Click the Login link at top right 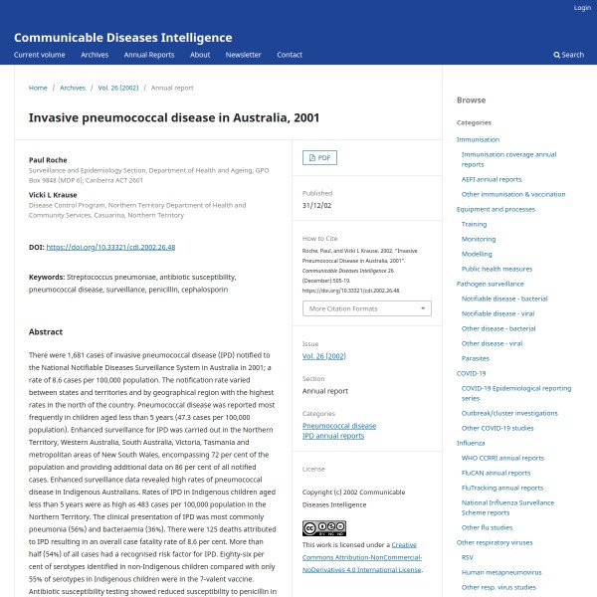(x=582, y=8)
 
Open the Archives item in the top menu (x=95, y=55)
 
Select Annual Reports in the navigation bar (x=148, y=55)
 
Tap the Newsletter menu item (x=243, y=55)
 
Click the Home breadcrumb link (x=38, y=88)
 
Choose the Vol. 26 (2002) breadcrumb (x=117, y=88)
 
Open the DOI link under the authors (x=110, y=246)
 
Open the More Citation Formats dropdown (x=366, y=308)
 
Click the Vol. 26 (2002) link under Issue (x=323, y=355)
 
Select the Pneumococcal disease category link (x=339, y=426)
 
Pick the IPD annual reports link (x=333, y=436)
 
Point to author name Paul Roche (x=48, y=159)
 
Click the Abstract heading (x=46, y=331)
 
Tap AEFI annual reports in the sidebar (x=491, y=179)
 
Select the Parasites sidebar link (x=475, y=357)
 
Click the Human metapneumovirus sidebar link (x=501, y=572)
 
